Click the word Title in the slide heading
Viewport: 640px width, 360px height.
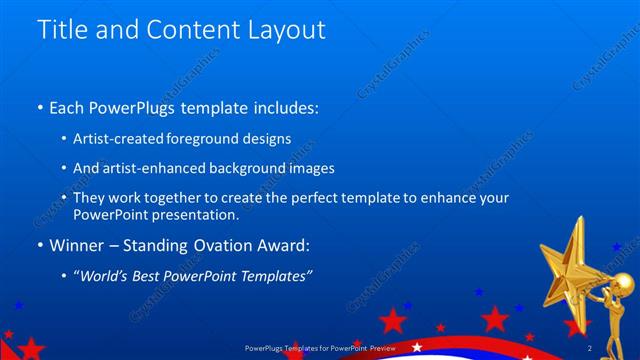tap(59, 30)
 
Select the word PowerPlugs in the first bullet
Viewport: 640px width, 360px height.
tap(139, 106)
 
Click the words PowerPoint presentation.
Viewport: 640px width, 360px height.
tap(156, 215)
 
